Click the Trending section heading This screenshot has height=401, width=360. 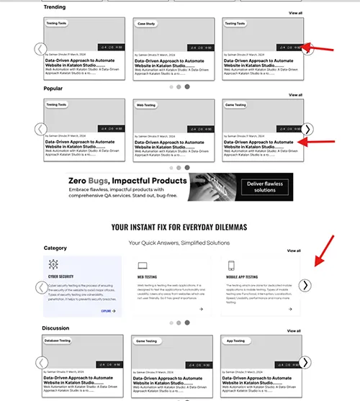[54, 7]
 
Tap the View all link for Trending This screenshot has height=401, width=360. [295, 13]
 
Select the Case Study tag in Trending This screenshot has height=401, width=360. [146, 23]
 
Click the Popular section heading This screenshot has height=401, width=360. [53, 89]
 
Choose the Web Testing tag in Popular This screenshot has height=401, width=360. [146, 105]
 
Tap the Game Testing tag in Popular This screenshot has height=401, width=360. [235, 105]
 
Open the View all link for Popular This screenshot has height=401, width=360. [295, 94]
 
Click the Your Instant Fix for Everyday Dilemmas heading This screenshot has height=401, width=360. [179, 227]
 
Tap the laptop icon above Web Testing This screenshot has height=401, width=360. [143, 265]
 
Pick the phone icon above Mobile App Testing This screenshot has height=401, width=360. [231, 265]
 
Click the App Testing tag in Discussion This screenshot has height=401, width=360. [235, 341]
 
